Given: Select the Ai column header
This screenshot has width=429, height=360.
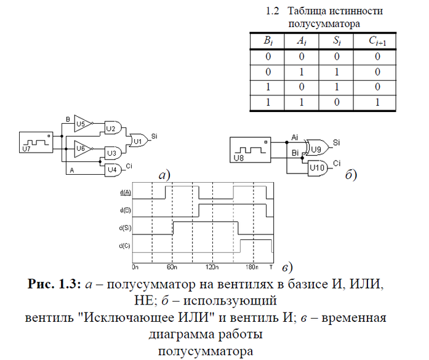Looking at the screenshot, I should point(301,42).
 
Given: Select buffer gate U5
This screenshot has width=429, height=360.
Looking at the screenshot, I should point(82,123).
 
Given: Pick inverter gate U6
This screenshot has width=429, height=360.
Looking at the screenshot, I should point(82,148).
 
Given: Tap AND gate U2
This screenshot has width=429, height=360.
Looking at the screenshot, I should point(111,129).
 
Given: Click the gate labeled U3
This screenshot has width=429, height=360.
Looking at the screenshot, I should point(111,152).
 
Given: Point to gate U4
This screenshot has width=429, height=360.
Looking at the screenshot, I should point(111,169).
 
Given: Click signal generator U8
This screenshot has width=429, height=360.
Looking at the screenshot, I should point(250,149).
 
